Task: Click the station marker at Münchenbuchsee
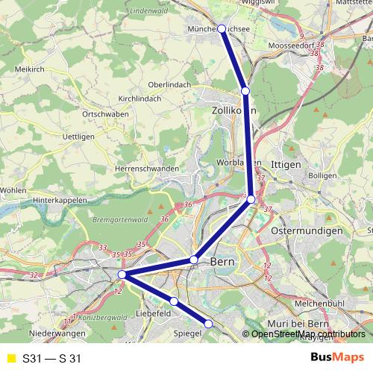coord(221,28)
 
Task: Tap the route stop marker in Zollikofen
coord(245,91)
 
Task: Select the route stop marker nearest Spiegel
coord(209,323)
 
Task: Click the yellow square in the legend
coord(10,358)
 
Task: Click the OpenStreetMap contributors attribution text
coord(308,333)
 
